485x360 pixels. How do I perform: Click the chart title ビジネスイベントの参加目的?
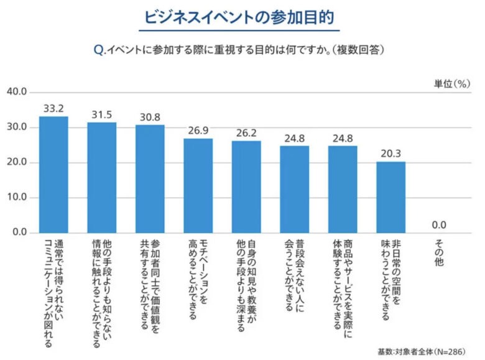coord(242,17)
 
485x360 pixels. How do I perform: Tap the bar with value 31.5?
coord(101,177)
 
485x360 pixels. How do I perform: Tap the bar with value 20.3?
coord(390,197)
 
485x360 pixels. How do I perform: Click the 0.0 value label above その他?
coord(439,225)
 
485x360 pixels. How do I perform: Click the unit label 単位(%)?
coord(452,83)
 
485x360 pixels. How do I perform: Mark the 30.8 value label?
coord(150,117)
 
